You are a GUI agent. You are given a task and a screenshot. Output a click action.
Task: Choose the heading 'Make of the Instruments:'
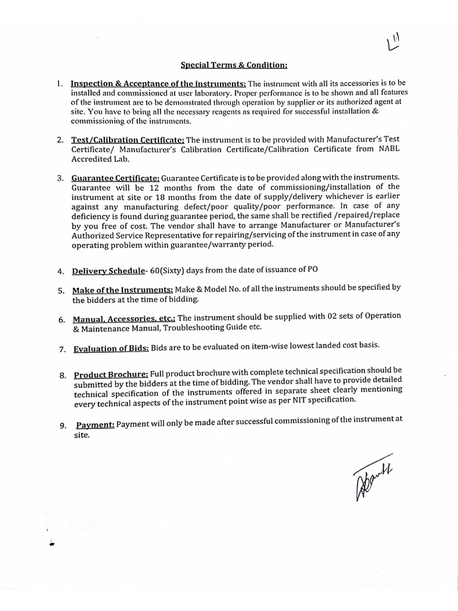123,290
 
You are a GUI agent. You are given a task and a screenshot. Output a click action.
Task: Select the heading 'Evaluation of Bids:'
110,348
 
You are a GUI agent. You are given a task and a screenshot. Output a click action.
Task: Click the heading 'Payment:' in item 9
95,425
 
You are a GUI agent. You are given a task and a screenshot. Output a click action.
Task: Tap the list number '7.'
62,348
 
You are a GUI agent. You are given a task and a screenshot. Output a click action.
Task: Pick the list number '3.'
60,178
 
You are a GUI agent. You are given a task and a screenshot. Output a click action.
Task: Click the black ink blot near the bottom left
52,543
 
